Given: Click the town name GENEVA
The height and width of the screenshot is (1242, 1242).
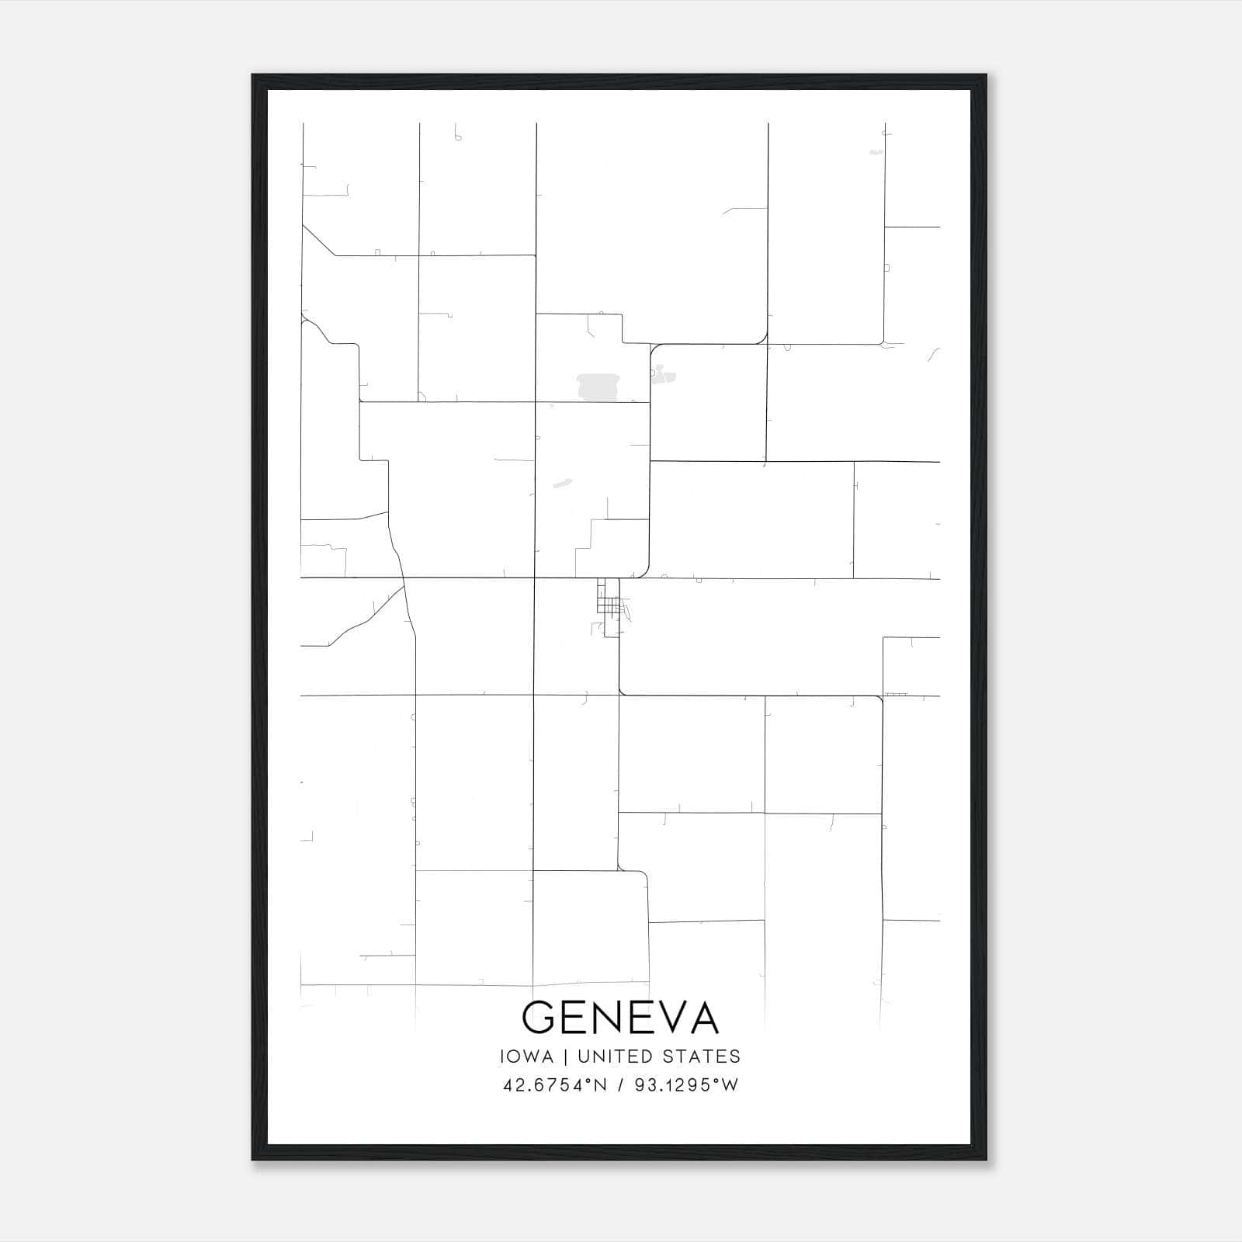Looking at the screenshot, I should [620, 1017].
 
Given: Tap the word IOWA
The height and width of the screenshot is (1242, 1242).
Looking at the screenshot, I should [528, 1056].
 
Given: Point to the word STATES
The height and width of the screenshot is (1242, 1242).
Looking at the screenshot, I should [702, 1056].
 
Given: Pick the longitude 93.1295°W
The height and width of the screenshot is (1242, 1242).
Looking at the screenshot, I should [686, 1085].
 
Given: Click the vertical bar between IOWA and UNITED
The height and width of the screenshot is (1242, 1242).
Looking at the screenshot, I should [566, 1056].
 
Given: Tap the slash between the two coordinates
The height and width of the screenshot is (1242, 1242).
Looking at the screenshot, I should [618, 1085].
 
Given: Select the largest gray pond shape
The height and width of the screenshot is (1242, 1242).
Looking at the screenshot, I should [598, 385].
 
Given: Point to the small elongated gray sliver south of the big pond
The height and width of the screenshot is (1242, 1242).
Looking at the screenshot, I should [562, 484].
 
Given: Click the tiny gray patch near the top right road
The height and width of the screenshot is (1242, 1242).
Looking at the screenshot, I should [876, 152].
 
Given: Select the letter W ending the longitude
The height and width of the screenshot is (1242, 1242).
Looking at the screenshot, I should [729, 1085].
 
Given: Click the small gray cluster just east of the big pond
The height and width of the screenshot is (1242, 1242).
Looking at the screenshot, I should [663, 377].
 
